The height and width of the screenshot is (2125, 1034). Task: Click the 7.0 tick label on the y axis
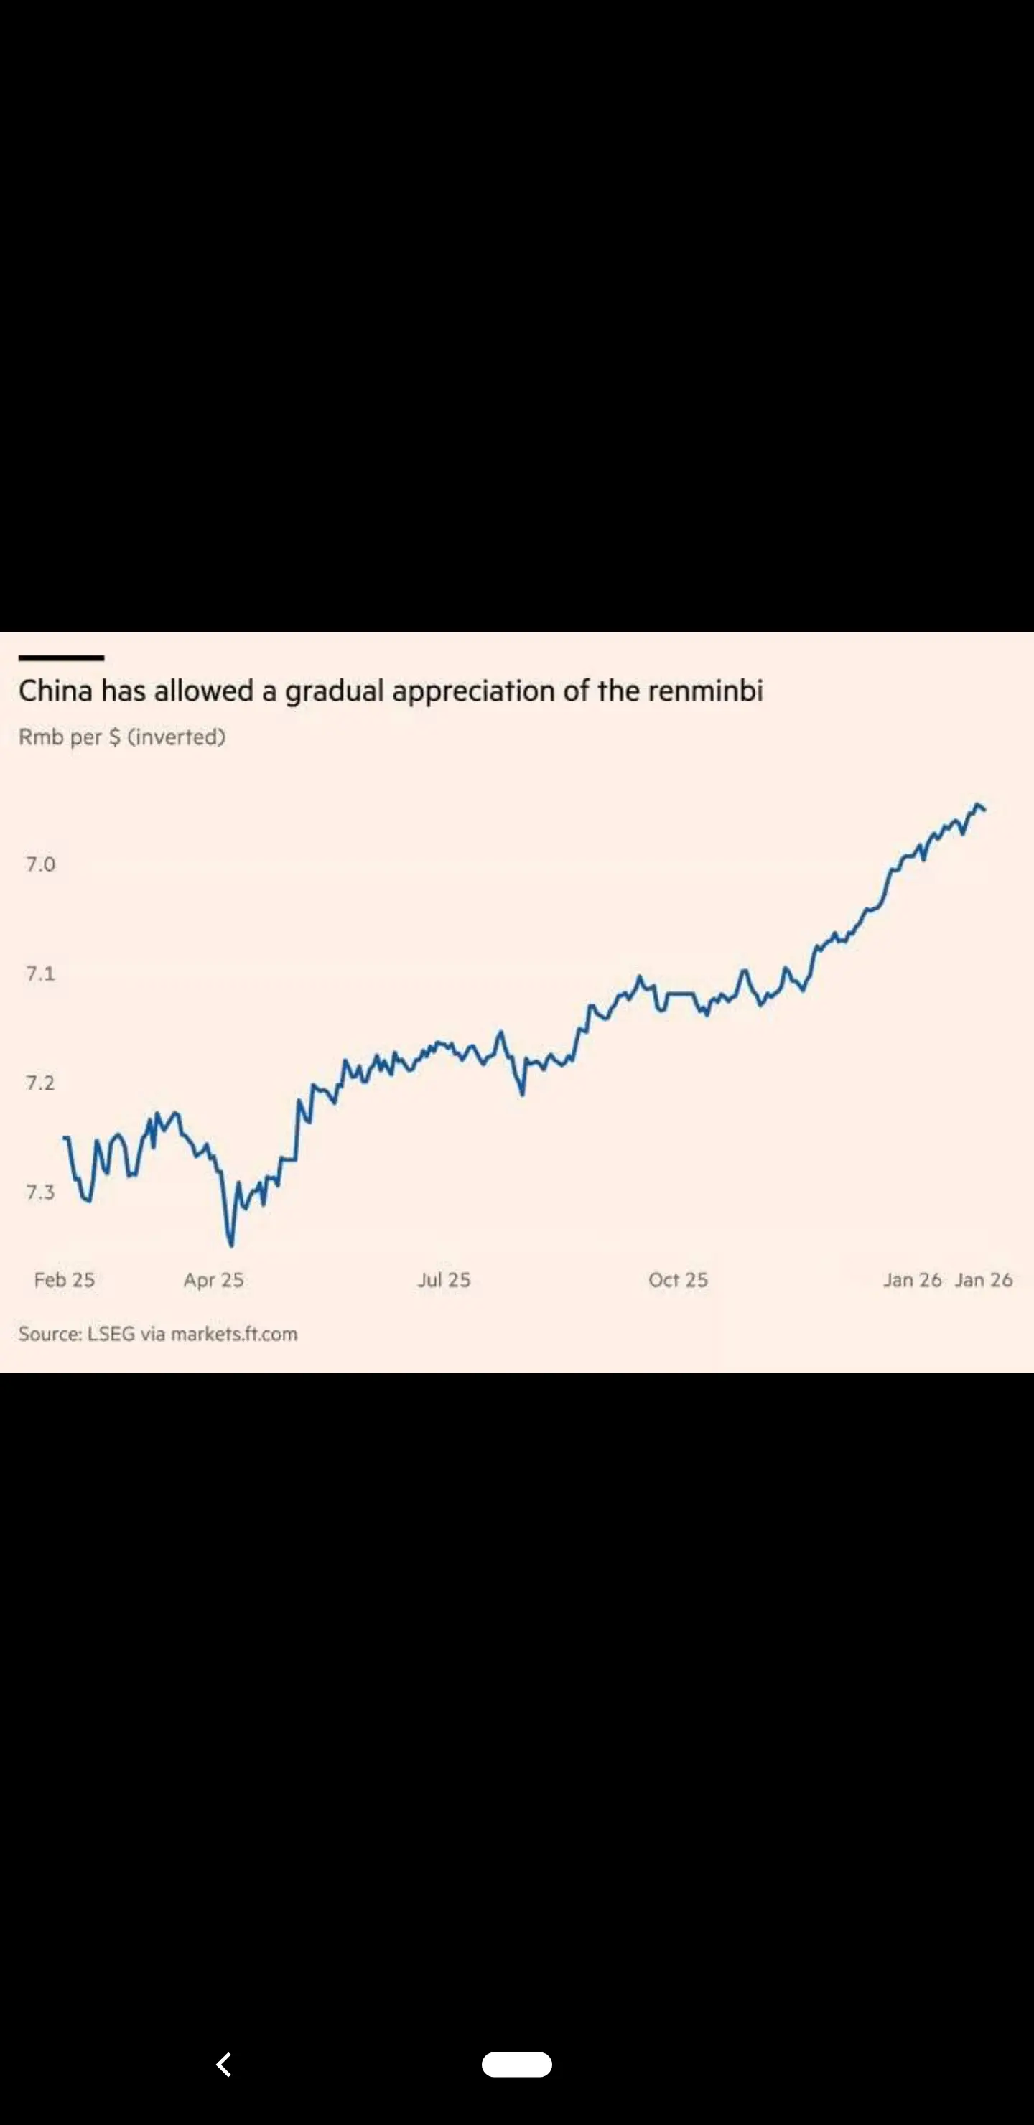tap(40, 864)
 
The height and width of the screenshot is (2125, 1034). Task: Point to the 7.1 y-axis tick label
tap(40, 973)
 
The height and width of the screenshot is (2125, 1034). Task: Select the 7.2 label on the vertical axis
tap(40, 1083)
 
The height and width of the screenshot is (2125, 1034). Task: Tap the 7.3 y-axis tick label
tap(40, 1192)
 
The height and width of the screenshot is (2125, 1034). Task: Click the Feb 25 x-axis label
tap(65, 1279)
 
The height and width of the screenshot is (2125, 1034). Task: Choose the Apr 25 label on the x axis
tap(214, 1279)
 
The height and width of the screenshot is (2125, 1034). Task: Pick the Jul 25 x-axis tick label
tap(444, 1279)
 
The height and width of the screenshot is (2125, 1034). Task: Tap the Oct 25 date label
tap(678, 1279)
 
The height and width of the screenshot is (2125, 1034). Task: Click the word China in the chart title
tap(55, 691)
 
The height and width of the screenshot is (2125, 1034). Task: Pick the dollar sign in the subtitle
tap(115, 737)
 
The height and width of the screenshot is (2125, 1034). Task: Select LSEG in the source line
tap(111, 1334)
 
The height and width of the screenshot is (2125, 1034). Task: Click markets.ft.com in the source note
tap(234, 1334)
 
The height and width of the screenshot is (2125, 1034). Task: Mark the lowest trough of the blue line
tap(231, 1243)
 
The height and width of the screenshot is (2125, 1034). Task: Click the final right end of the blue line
tap(984, 810)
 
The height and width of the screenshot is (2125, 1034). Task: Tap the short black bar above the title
tap(61, 658)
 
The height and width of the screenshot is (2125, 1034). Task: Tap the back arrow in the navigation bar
tap(223, 2064)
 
